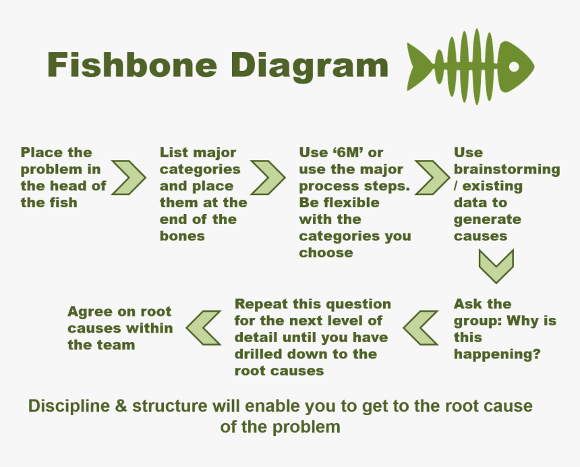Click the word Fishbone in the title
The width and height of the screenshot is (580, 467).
pos(132,64)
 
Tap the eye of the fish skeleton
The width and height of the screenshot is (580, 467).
pos(514,67)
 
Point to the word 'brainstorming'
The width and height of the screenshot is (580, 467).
pos(506,170)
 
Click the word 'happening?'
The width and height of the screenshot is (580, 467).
pos(497,354)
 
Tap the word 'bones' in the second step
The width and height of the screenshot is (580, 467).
pos(182,236)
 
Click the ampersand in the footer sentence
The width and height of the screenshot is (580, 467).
pos(121,406)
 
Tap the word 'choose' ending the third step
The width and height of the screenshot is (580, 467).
pos(326,253)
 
